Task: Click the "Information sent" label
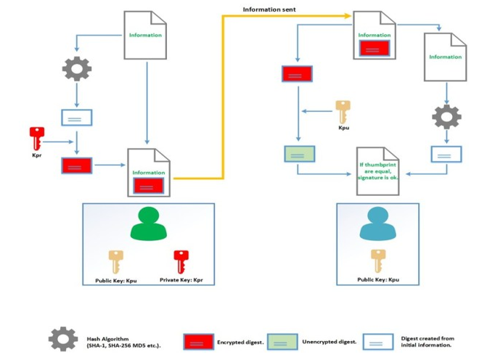pos(269,9)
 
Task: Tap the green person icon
pos(149,224)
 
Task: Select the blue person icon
pos(377,224)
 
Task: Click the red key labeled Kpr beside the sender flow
pos(37,138)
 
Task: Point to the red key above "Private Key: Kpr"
pos(181,262)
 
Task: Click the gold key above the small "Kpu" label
pos(343,112)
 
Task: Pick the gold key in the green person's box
pos(116,262)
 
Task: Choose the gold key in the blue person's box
pos(378,261)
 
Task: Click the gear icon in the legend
pos(63,339)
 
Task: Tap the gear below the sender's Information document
pos(77,69)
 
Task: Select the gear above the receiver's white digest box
pos(446,117)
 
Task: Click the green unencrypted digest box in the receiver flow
pos(300,154)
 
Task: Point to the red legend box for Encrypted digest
pos(198,342)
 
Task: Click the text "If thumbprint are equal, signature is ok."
pos(377,171)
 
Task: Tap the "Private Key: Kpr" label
pos(181,280)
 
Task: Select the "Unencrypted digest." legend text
pos(330,342)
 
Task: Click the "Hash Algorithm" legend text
pos(107,339)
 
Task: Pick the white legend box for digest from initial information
pos(378,342)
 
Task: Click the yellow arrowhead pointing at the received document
pos(348,15)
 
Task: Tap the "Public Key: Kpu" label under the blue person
pos(378,279)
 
